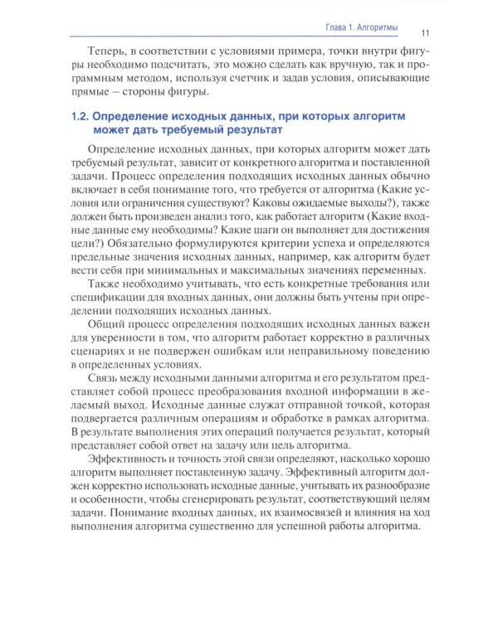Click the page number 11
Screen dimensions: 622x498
tap(424, 32)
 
